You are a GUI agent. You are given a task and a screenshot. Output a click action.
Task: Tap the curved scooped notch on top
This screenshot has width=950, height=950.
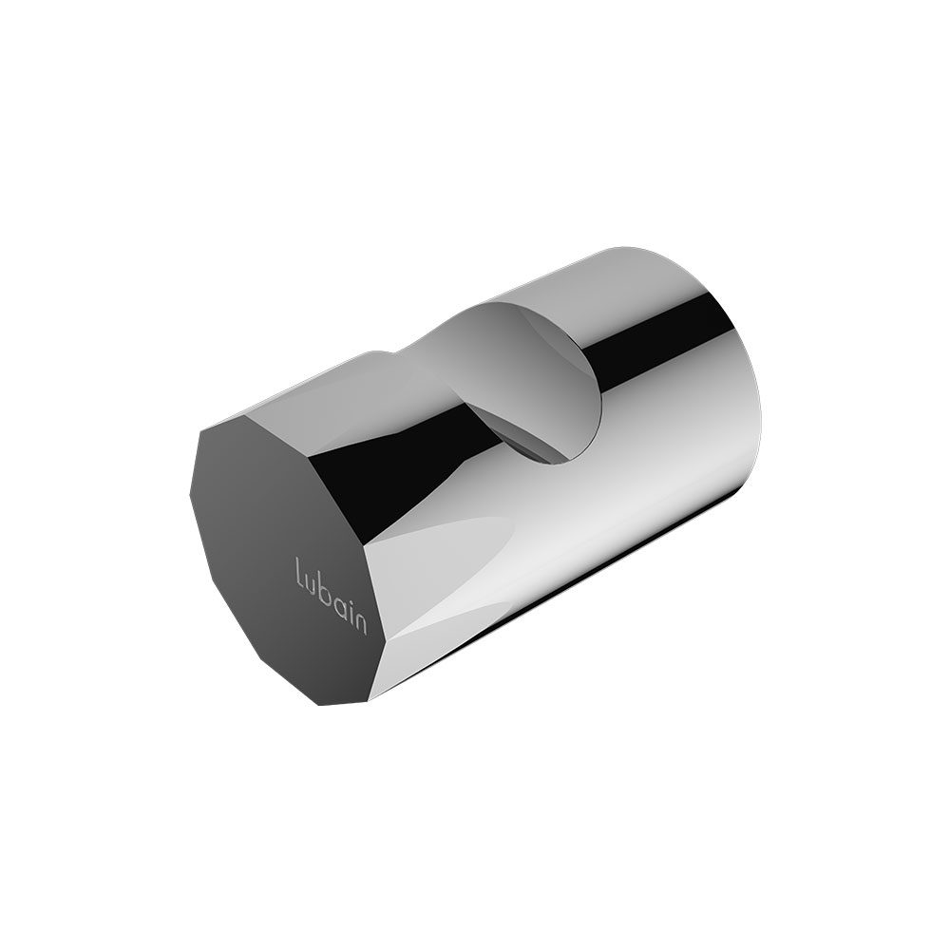[533, 375]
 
